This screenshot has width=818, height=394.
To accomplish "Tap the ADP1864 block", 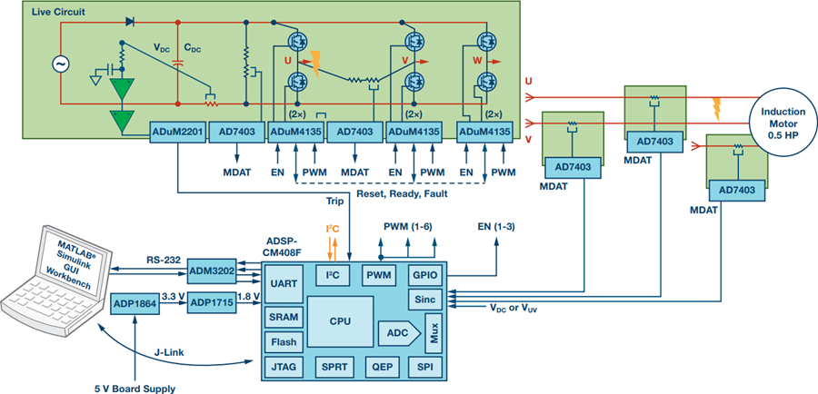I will coord(134,306).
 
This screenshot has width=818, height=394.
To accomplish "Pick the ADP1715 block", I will coord(211,302).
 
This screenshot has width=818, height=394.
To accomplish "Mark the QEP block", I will coord(380,368).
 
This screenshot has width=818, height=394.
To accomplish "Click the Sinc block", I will coord(424,300).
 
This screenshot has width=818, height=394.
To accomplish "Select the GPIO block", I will coord(424,275).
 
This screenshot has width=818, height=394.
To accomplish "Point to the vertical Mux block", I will coord(434,332).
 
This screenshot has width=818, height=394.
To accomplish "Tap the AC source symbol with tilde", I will coord(61,64).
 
